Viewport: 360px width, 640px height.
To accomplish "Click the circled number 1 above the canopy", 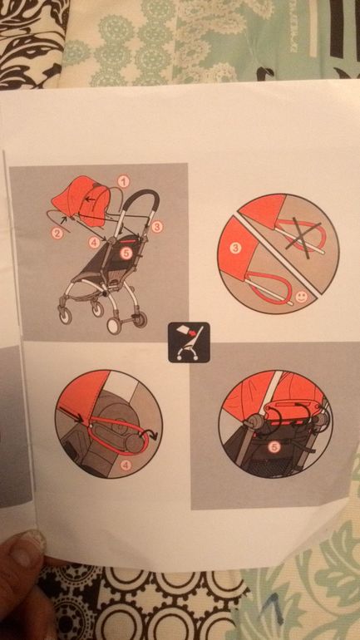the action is coord(123,180).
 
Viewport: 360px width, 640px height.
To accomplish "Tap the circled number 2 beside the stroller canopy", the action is coord(57,234).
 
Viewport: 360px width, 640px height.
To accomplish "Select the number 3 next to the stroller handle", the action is coord(157,227).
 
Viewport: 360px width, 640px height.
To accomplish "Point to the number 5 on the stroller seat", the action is coord(126,254).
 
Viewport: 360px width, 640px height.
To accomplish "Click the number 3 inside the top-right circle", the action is coord(234,249).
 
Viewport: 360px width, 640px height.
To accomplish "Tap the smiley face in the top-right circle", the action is coord(300,298).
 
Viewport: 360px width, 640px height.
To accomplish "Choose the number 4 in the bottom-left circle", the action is coord(126,465).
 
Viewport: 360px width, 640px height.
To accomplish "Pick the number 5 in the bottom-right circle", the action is coord(274,448).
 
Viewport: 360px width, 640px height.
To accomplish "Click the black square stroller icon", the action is coord(189,342).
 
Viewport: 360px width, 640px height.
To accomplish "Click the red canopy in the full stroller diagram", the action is coord(81,200).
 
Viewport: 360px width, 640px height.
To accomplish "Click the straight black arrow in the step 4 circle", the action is coord(72,413).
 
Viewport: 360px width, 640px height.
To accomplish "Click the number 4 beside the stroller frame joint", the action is coord(94,243).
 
